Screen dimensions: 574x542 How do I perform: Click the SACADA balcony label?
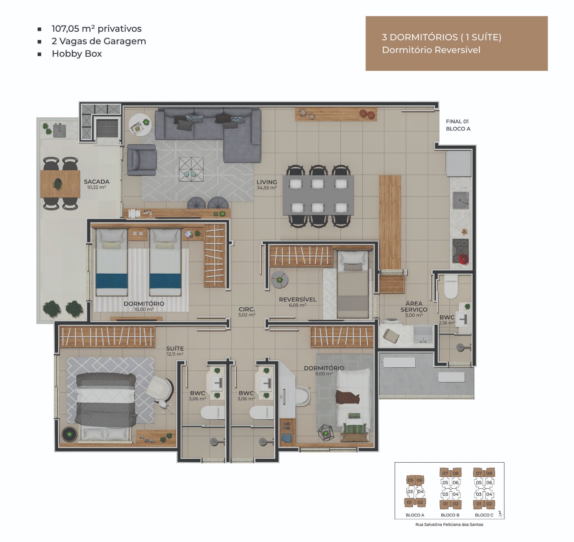(97, 181)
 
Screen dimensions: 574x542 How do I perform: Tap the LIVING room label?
(267, 182)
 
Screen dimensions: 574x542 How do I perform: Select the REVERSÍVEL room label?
(297, 299)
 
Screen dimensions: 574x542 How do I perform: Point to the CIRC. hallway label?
(247, 309)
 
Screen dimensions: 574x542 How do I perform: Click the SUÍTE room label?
(175, 348)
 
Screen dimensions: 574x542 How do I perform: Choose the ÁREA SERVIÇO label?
(414, 306)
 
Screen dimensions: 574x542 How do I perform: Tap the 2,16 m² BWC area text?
(447, 323)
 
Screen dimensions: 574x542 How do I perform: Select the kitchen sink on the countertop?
(461, 200)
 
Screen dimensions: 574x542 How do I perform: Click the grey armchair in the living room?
(142, 160)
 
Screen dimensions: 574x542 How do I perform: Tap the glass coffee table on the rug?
(191, 169)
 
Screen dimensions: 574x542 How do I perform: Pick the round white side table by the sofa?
(140, 125)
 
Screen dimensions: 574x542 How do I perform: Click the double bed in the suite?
(106, 406)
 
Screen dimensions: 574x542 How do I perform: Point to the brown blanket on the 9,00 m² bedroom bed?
(348, 397)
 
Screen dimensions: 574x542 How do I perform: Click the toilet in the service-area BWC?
(451, 287)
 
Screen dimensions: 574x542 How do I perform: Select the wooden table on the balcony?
(60, 184)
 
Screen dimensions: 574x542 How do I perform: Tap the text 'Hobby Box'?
(77, 54)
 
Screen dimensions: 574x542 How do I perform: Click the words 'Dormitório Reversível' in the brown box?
(431, 50)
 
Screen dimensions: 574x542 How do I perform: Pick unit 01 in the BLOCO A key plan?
(409, 502)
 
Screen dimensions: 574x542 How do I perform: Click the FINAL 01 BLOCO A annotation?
(458, 125)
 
